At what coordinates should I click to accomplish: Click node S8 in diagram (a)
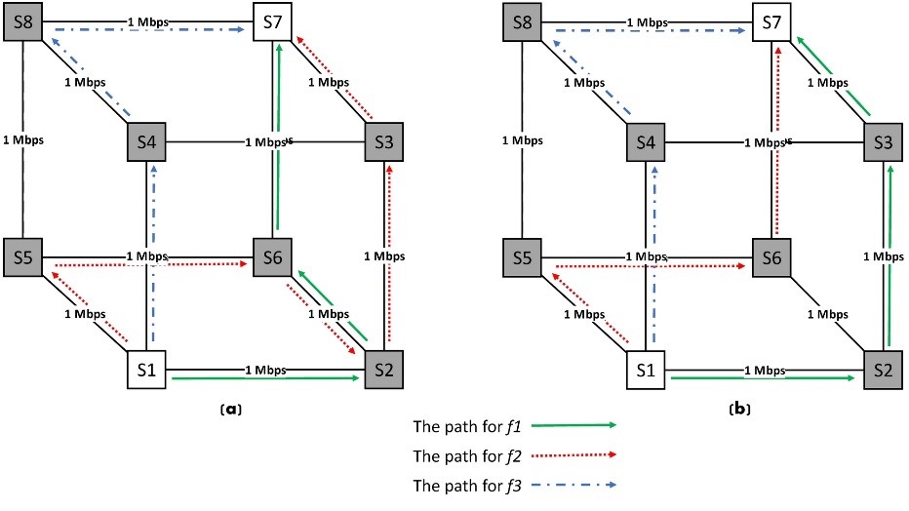(x=23, y=20)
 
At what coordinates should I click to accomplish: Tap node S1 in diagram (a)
(x=148, y=370)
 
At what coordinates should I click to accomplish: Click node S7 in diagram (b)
(x=771, y=20)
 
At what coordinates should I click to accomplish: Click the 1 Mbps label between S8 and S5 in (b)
(x=523, y=139)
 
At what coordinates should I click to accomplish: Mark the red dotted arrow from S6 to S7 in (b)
(x=778, y=137)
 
